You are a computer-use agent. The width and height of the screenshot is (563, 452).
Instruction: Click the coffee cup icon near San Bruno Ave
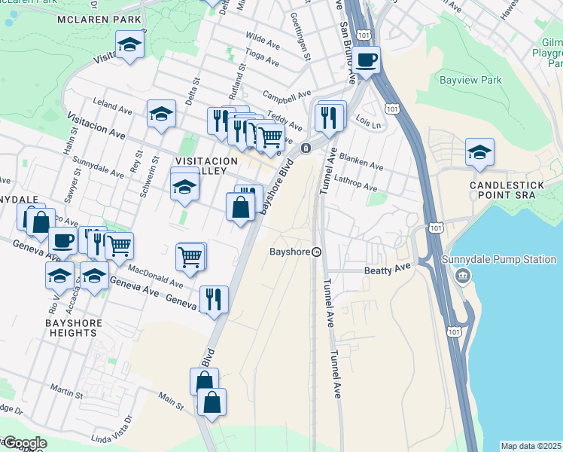click(367, 60)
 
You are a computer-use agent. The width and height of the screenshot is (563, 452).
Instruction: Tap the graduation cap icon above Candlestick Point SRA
click(479, 152)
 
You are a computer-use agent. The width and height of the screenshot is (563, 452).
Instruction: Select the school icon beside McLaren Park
click(129, 45)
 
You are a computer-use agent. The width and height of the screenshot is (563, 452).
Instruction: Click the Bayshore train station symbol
click(318, 252)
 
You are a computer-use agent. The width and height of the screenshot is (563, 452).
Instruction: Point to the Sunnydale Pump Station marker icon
click(460, 276)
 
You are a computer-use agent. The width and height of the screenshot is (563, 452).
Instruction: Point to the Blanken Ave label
click(361, 162)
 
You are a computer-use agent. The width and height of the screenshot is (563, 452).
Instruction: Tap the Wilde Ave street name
click(263, 40)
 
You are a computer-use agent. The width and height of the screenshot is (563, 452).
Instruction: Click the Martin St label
click(68, 392)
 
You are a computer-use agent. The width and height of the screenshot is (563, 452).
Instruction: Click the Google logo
click(24, 443)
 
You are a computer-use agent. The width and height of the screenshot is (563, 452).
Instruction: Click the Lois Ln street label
click(364, 121)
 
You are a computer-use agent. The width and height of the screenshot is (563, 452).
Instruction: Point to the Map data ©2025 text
click(531, 446)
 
